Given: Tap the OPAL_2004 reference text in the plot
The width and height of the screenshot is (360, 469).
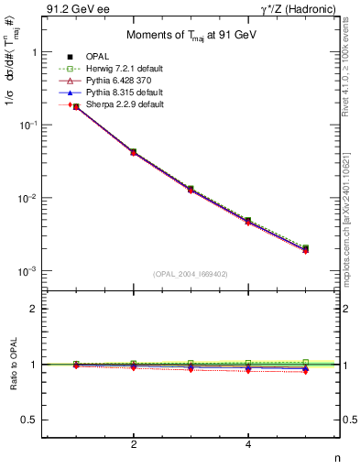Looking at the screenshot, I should (191, 273).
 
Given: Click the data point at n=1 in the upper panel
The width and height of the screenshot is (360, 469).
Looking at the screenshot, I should (76, 107).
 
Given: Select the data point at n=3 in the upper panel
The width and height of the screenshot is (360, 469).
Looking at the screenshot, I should (191, 190).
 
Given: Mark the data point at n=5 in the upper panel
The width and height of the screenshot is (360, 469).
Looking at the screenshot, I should (305, 248).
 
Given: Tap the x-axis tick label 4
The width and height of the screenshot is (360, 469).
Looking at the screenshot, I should (248, 444).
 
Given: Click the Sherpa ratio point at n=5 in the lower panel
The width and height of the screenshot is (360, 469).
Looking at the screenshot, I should (305, 371).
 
